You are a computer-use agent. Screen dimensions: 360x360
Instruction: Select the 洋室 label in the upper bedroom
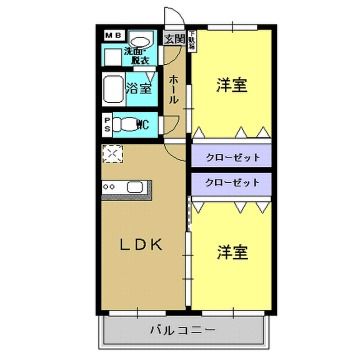pos(232,86)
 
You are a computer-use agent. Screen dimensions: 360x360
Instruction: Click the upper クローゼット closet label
pos(232,157)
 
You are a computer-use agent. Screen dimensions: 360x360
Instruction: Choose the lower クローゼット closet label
pos(232,183)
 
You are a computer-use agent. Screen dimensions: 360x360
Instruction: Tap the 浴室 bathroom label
pos(139,89)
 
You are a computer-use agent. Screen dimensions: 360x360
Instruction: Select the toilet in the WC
pos(124,125)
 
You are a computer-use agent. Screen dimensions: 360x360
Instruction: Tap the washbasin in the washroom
pos(140,41)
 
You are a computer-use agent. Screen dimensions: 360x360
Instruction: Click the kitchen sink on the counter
pos(134,186)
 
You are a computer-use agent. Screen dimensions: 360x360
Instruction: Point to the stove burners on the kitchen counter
pos(110,186)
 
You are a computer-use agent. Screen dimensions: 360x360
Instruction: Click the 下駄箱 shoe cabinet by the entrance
pos(190,42)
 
